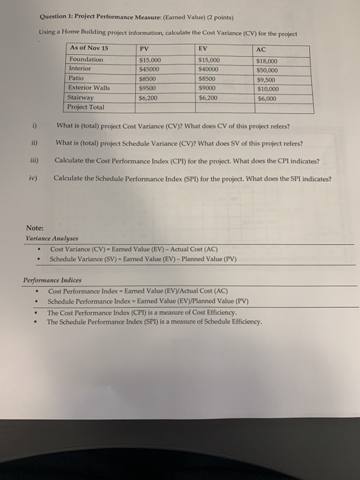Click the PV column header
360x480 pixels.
point(144,49)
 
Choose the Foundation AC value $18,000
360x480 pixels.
point(267,61)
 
